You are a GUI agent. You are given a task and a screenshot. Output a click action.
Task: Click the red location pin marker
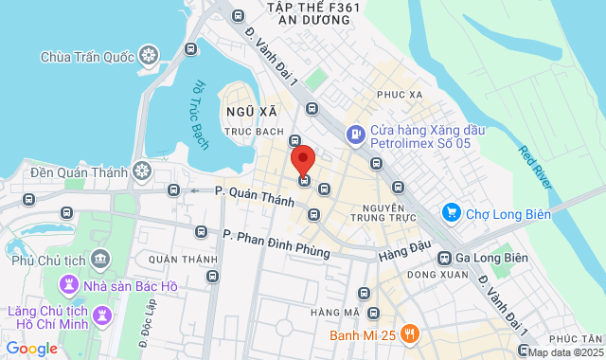click(302, 158)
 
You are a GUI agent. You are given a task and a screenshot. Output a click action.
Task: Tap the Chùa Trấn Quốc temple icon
click(148, 56)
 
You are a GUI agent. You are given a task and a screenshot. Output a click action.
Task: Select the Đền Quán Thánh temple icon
click(141, 171)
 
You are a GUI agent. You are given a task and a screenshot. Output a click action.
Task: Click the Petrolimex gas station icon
click(356, 135)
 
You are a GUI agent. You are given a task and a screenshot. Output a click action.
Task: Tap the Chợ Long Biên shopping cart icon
click(451, 214)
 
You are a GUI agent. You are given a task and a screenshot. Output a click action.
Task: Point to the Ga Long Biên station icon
click(444, 258)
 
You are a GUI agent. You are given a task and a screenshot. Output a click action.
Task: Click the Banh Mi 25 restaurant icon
click(409, 333)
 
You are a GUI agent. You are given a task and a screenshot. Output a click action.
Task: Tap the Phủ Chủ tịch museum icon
click(99, 257)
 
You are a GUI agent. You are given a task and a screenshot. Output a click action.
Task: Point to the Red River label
click(536, 166)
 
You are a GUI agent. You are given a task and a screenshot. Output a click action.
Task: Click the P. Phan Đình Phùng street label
click(276, 245)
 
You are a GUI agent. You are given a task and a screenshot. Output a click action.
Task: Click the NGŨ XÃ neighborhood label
click(244, 111)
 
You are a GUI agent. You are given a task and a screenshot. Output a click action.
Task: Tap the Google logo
click(31, 348)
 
